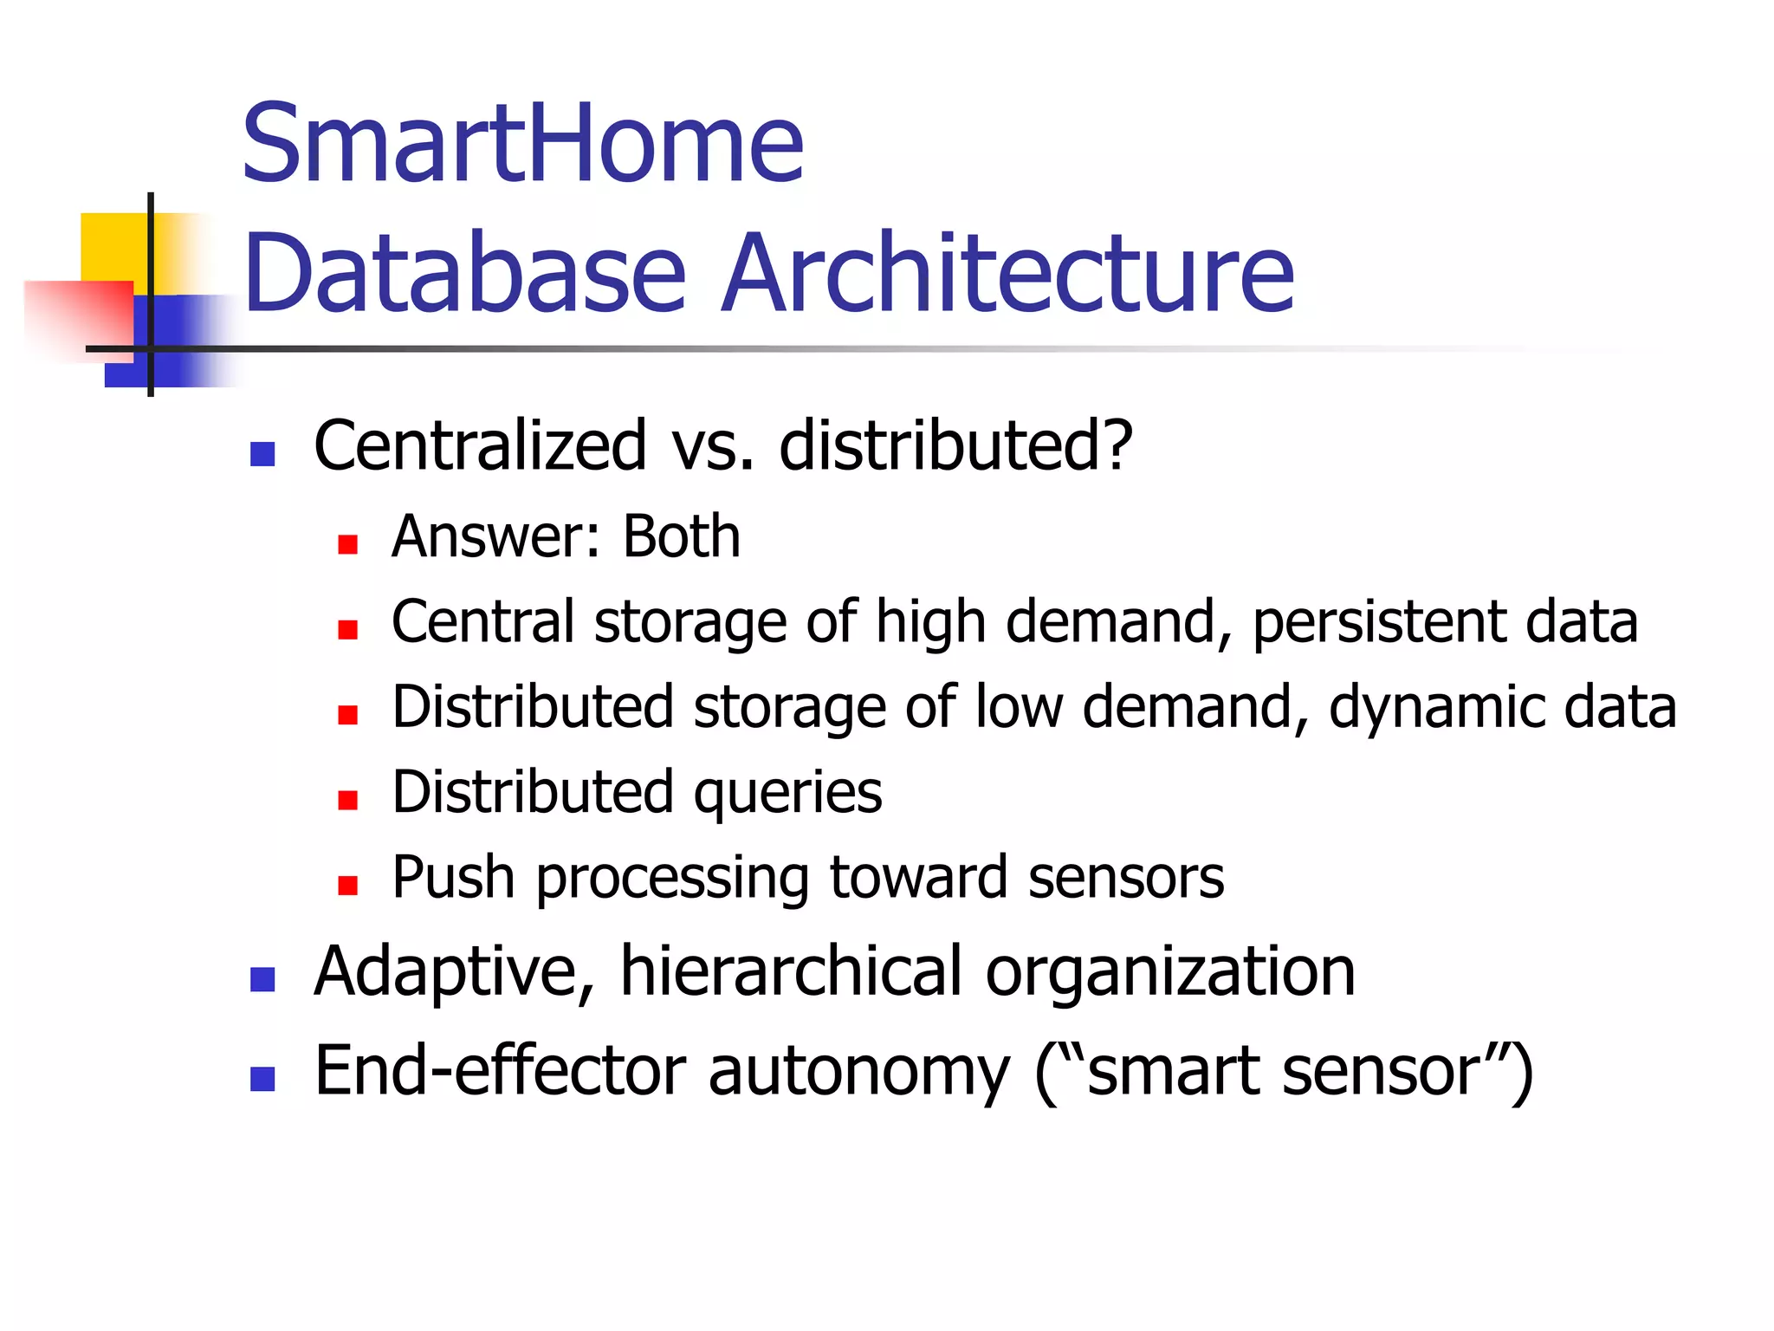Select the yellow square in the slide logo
(x=113, y=246)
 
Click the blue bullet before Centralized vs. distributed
(x=262, y=453)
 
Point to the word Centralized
(x=480, y=445)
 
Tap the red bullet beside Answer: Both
(x=348, y=544)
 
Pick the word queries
(x=787, y=794)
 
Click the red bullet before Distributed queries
(x=348, y=800)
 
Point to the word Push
(x=453, y=877)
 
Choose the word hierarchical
(x=791, y=971)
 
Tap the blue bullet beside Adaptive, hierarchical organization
(x=262, y=979)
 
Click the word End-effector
(x=501, y=1071)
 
